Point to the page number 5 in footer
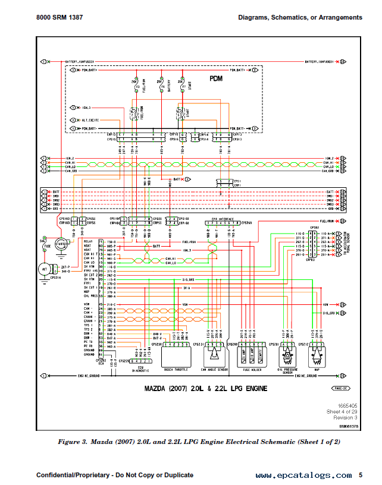(x=360, y=475)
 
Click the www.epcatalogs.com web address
(x=303, y=475)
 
